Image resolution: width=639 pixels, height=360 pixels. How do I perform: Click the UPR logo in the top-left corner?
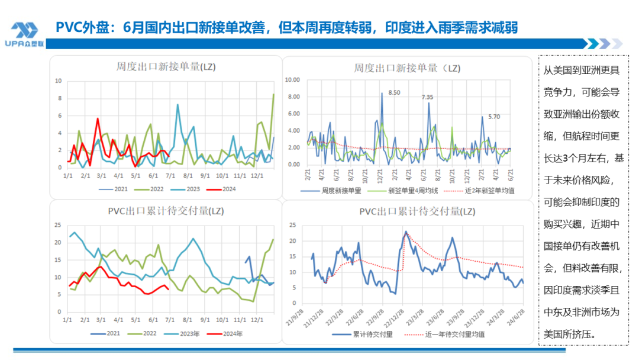[24, 34]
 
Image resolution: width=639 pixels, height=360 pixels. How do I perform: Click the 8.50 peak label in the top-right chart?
[394, 92]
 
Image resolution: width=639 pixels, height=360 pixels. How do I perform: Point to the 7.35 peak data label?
[427, 97]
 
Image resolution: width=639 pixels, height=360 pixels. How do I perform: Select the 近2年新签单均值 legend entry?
[481, 191]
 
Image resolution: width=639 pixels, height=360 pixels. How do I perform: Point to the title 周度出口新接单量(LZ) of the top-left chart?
[166, 66]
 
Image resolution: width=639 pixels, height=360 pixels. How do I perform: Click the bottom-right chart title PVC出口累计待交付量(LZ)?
[417, 211]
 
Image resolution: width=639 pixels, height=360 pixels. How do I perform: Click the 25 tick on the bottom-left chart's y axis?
[57, 225]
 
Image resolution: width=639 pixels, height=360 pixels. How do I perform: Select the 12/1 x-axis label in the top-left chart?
[257, 176]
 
